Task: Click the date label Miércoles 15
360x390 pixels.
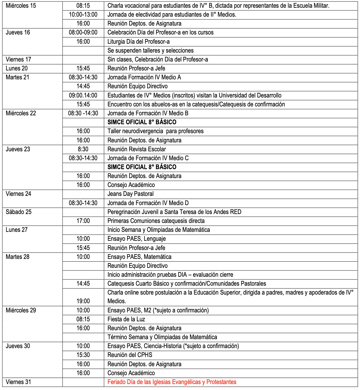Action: [x=21, y=6]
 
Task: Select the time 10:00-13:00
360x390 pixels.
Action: [x=83, y=15]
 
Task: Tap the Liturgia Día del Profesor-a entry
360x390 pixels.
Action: [x=138, y=42]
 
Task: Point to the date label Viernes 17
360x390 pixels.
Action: [x=18, y=59]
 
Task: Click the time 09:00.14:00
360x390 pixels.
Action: [x=83, y=95]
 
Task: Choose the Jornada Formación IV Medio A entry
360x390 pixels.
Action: [x=144, y=77]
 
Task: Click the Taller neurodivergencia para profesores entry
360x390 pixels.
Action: [x=155, y=131]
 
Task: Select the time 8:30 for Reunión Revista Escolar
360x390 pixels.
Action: [x=83, y=149]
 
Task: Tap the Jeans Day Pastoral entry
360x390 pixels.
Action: [x=130, y=194]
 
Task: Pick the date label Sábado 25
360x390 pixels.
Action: [x=18, y=212]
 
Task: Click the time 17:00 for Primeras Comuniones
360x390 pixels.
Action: [x=83, y=221]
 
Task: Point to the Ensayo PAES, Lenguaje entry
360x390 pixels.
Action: [x=137, y=239]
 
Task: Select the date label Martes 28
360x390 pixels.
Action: [x=18, y=257]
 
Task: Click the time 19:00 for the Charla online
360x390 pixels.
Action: [x=83, y=301]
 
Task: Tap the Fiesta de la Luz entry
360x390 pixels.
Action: [x=126, y=319]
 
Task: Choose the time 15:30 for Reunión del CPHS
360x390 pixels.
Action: [x=83, y=355]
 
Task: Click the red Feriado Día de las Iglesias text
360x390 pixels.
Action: [x=172, y=382]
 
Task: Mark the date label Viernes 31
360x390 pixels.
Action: [x=18, y=382]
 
